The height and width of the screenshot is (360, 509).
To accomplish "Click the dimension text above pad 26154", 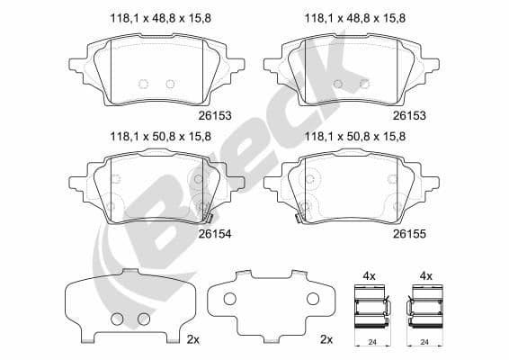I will pos(159,138).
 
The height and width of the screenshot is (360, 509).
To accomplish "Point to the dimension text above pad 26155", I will pos(357,138).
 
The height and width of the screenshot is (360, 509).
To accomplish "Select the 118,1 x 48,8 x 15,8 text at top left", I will pos(159,17).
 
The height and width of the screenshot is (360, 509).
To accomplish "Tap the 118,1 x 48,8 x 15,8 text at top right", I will pos(357,17).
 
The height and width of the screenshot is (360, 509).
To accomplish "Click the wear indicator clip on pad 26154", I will pos(206,214).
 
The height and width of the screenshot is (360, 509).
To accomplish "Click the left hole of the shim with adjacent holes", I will pos(117,319).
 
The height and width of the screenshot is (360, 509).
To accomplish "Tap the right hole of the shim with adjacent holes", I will pos(141,319).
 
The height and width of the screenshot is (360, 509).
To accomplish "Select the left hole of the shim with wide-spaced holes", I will pos(228,300).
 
